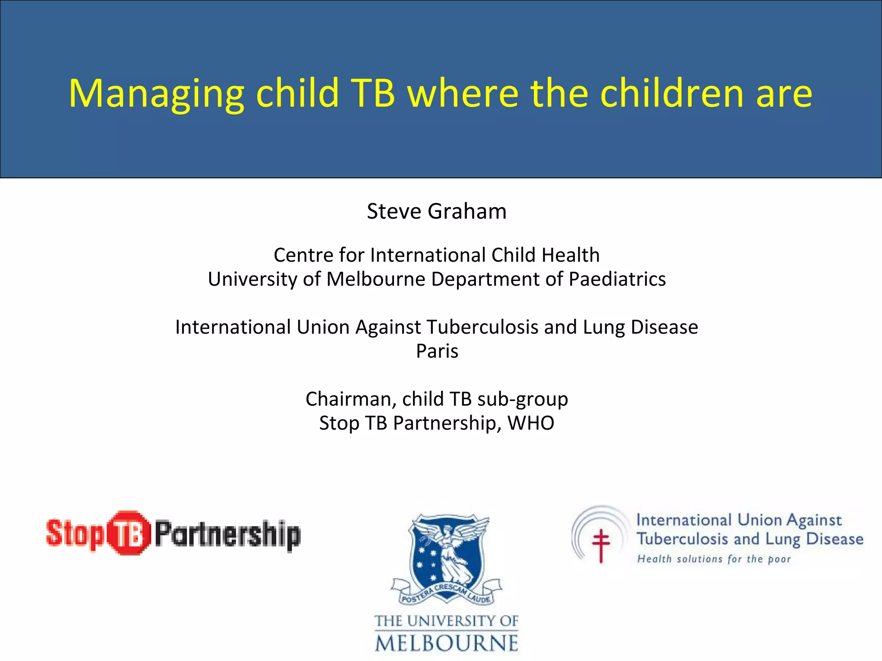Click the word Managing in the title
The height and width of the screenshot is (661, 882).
(156, 94)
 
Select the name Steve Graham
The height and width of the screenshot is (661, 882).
(436, 211)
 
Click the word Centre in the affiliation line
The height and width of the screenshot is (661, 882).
(303, 255)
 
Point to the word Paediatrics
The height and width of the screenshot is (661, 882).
(617, 279)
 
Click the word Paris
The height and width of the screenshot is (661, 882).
(437, 351)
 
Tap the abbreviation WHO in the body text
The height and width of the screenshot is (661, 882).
(531, 423)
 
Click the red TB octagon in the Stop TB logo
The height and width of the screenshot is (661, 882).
(128, 533)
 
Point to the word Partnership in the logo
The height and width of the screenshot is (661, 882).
(227, 534)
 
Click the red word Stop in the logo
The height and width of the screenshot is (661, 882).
(75, 534)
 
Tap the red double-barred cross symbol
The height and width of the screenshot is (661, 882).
(601, 544)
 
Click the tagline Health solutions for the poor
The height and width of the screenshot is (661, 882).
(714, 559)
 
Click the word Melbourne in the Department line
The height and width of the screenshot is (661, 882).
(376, 279)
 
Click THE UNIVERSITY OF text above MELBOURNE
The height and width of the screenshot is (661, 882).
(446, 621)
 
